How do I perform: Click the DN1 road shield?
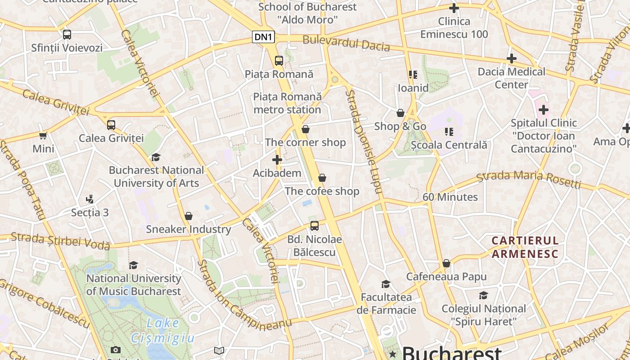coord(263,37)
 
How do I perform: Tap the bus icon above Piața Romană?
coord(279,60)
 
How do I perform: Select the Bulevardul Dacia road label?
coord(346,43)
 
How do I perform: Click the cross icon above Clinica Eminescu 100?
coord(454,8)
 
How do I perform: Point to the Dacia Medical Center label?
coord(511,78)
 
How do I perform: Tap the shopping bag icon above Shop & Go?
coord(400,113)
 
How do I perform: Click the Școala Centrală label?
coord(449,145)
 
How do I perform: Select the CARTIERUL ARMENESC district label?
coord(525,247)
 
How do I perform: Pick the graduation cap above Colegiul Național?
coord(483,295)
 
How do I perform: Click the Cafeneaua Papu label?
coord(446,276)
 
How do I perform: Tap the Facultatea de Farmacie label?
coord(386,303)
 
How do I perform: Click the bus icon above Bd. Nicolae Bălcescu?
coord(315,226)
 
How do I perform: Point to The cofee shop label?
coord(322,191)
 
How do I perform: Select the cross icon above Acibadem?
coord(277,160)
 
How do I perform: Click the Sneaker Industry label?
coord(188,229)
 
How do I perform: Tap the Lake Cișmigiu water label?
coord(163,330)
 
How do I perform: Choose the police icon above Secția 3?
coord(90,199)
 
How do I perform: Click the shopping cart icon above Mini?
coord(43,135)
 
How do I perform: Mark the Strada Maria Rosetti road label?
coord(529,179)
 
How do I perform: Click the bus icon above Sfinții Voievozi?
coord(67,34)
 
